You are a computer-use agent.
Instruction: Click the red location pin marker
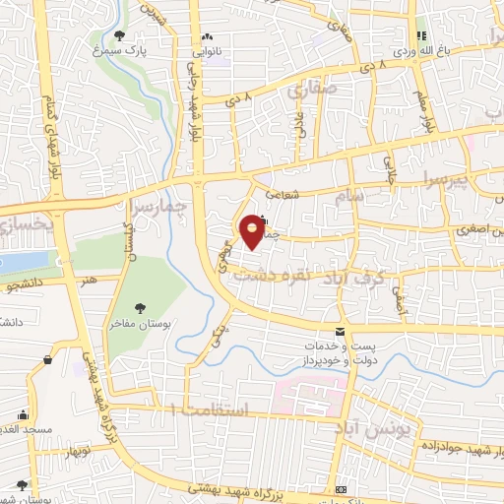tap(253, 229)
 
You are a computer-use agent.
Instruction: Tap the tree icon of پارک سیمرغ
tap(119, 36)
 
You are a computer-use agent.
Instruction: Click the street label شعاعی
tap(308, 195)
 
